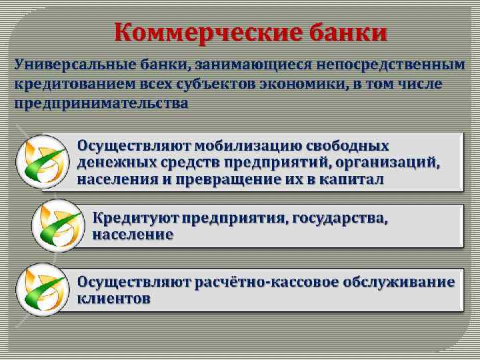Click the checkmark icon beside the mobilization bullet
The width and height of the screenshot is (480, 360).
point(42,161)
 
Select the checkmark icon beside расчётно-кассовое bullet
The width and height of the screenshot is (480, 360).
point(42,288)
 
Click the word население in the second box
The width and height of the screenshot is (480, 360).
point(133,235)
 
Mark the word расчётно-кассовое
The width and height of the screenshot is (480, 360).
point(266,282)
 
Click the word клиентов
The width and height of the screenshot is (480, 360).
point(113,299)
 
